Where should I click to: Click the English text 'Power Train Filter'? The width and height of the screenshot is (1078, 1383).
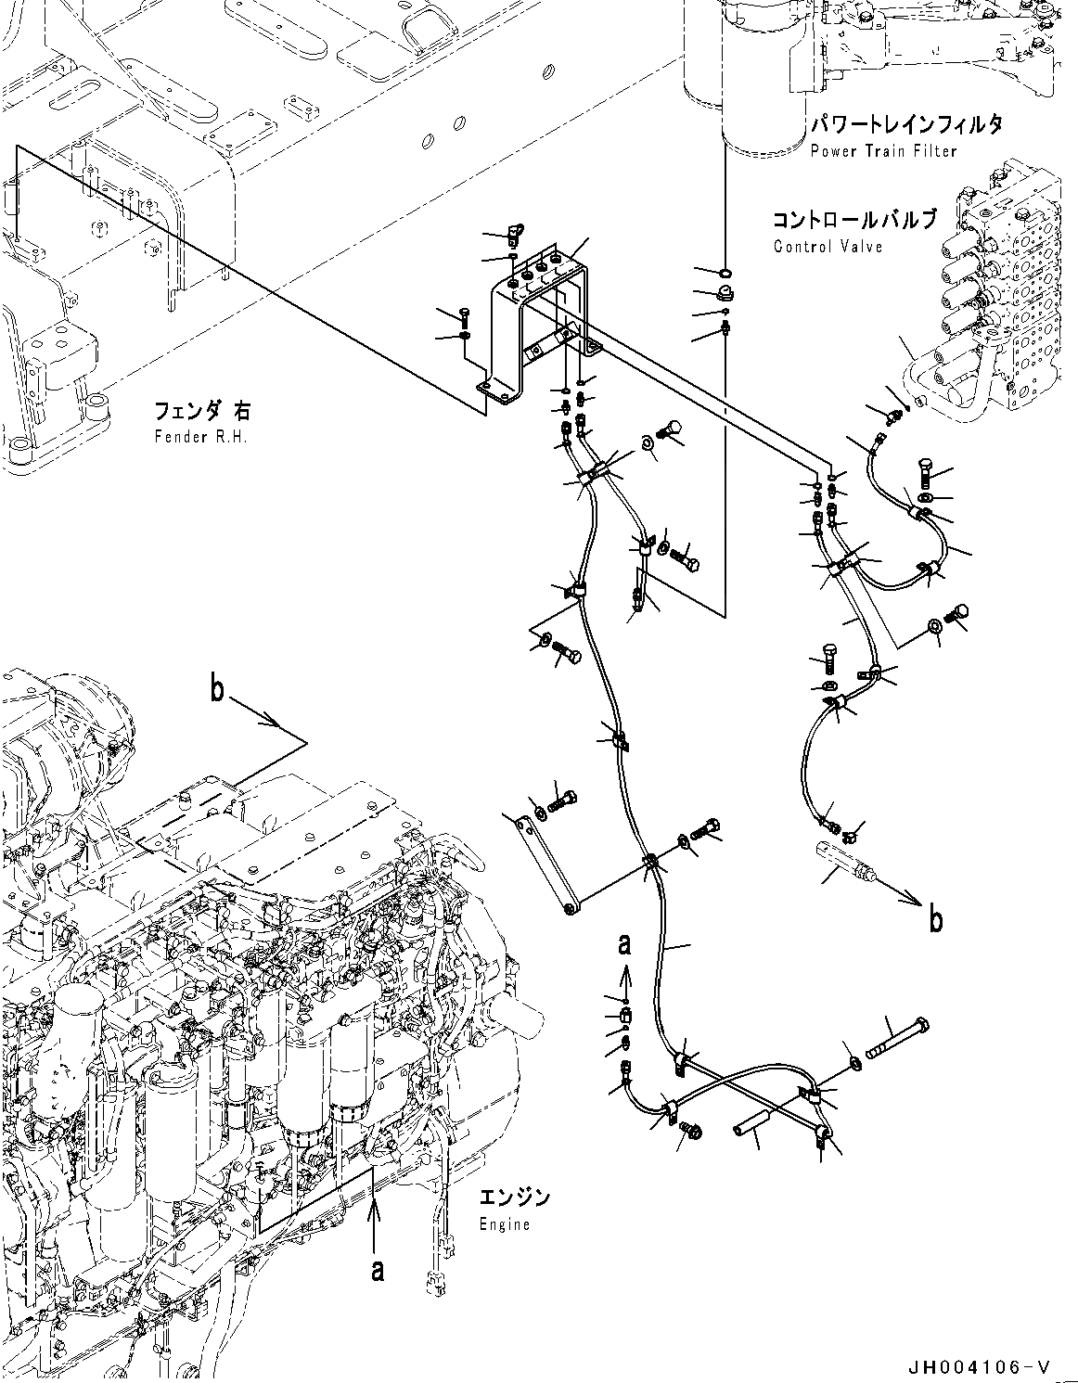tap(882, 150)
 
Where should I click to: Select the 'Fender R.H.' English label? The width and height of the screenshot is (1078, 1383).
tap(201, 437)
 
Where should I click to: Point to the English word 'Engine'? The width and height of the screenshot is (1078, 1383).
tap(505, 1224)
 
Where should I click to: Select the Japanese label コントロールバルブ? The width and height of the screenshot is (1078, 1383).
tap(853, 221)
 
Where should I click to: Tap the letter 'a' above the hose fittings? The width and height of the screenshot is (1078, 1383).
tap(625, 944)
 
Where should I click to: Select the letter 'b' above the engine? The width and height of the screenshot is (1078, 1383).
tap(217, 692)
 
